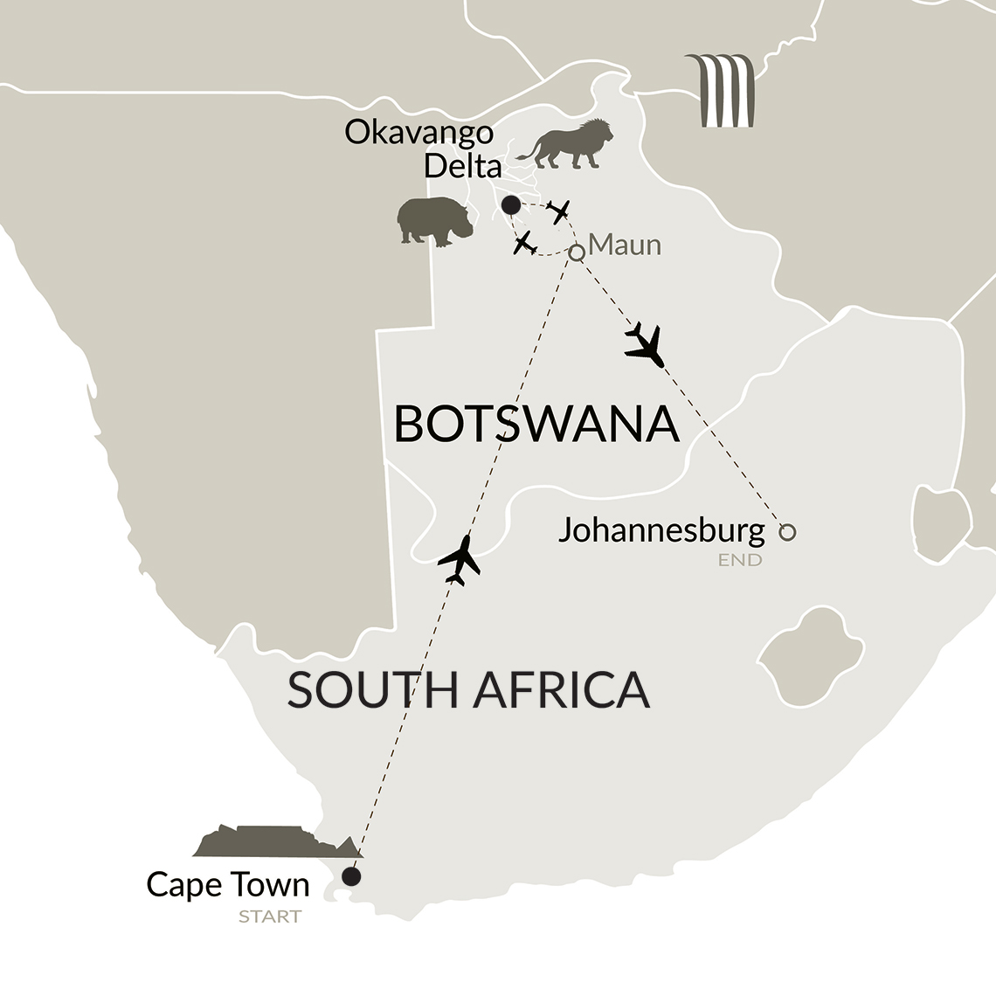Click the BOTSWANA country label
pyautogui.click(x=536, y=425)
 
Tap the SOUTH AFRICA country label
pyautogui.click(x=468, y=689)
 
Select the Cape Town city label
pyautogui.click(x=228, y=884)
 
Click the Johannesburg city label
pyautogui.click(x=661, y=529)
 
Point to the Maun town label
pyautogui.click(x=625, y=245)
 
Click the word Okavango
pyautogui.click(x=418, y=133)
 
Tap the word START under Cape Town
pyautogui.click(x=270, y=916)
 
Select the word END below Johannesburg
pyautogui.click(x=740, y=560)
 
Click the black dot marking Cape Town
pyautogui.click(x=351, y=876)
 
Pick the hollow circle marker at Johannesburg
pyautogui.click(x=787, y=531)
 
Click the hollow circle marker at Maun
pyautogui.click(x=577, y=252)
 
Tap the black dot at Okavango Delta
pyautogui.click(x=510, y=205)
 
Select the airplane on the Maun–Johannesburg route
pyautogui.click(x=646, y=345)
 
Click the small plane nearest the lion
pyautogui.click(x=558, y=211)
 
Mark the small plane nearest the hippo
pyautogui.click(x=525, y=244)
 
